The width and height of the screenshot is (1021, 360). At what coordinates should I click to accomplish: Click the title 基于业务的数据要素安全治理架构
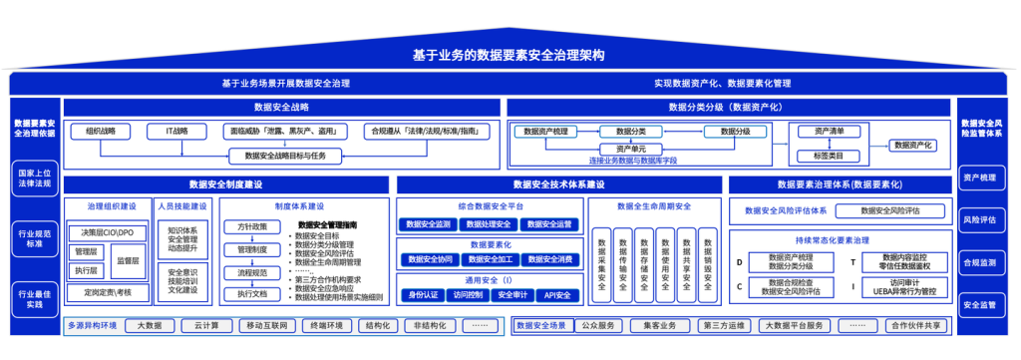pyautogui.click(x=510, y=55)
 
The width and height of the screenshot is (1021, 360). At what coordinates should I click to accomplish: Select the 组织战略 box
pyautogui.click(x=101, y=131)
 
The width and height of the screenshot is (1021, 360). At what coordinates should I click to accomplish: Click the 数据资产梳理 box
pyautogui.click(x=545, y=131)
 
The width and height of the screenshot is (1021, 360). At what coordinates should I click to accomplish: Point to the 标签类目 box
pyautogui.click(x=829, y=157)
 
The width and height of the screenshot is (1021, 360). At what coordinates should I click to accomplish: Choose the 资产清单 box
pyautogui.click(x=829, y=131)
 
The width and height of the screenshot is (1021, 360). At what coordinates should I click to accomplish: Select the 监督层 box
pyautogui.click(x=128, y=259)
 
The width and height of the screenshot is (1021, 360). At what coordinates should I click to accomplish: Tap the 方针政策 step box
pyautogui.click(x=251, y=227)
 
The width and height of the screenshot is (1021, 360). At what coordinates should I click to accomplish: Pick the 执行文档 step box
pyautogui.click(x=251, y=294)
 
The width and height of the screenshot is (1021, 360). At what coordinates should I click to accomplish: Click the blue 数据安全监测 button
pyautogui.click(x=429, y=224)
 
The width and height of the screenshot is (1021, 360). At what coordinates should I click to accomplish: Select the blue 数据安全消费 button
pyautogui.click(x=549, y=259)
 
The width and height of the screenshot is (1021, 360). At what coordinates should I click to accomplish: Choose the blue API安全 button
pyautogui.click(x=556, y=295)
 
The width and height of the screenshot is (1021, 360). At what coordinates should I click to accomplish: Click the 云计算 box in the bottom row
pyautogui.click(x=207, y=326)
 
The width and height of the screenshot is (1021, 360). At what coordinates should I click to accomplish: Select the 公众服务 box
pyautogui.click(x=598, y=326)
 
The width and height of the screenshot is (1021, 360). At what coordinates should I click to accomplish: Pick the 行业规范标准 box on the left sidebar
pyautogui.click(x=35, y=236)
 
